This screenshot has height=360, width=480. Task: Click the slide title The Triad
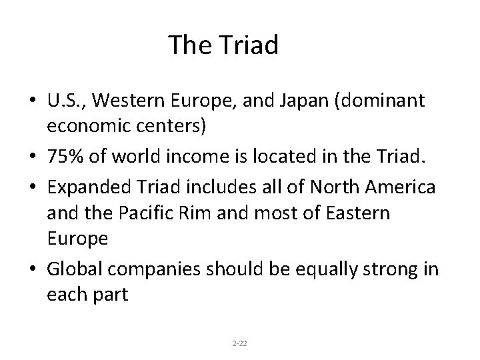point(223,45)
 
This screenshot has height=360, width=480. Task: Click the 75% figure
point(65,157)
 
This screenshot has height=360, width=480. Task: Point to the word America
point(399,188)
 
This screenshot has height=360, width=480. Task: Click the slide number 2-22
point(239,343)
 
